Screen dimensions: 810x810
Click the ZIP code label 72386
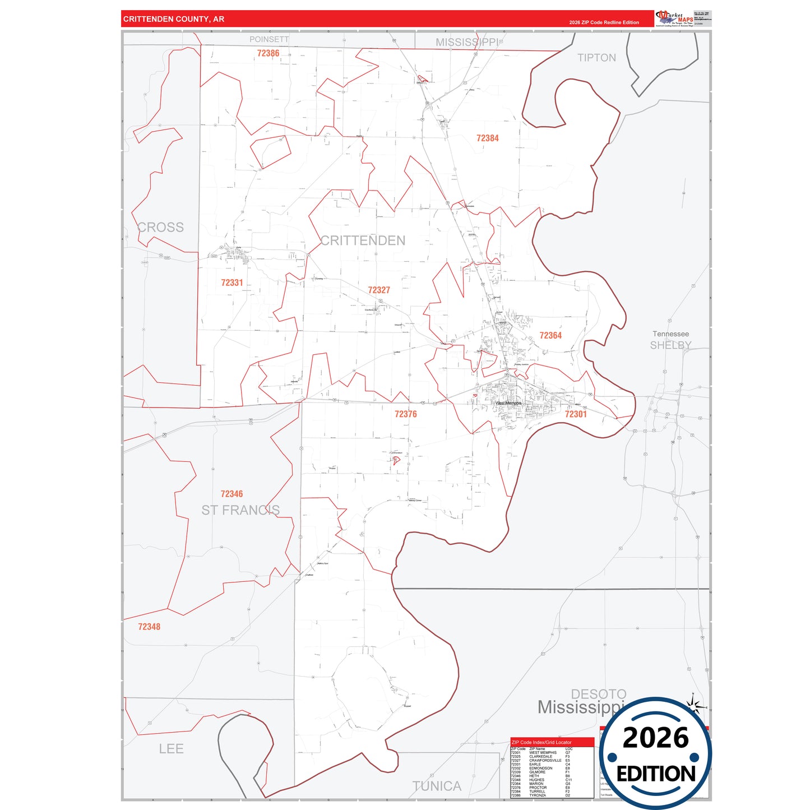[x=268, y=53]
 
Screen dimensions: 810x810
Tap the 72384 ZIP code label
[x=487, y=138]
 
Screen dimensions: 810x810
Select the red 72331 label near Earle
[x=232, y=283]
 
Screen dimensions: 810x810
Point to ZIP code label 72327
[x=379, y=290]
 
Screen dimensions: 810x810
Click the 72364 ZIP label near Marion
[x=550, y=335]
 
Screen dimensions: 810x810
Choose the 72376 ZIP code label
[x=406, y=414]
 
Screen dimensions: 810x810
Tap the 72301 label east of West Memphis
[x=576, y=414]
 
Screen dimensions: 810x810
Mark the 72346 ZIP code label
[x=232, y=494]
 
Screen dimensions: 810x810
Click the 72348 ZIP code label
[x=149, y=627]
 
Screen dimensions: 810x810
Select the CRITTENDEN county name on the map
[x=363, y=240]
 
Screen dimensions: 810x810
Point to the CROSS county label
[x=161, y=227]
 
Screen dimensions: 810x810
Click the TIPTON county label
[x=596, y=58]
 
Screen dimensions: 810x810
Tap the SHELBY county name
[x=670, y=345]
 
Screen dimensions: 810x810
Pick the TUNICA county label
[x=437, y=786]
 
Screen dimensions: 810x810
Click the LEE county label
[x=171, y=749]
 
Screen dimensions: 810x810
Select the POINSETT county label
[x=269, y=39]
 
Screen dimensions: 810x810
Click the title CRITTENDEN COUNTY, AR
[x=174, y=19]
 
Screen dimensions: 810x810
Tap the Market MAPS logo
[x=674, y=18]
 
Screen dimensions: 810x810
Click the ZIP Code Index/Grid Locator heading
[x=541, y=742]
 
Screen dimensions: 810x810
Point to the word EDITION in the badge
[x=656, y=774]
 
